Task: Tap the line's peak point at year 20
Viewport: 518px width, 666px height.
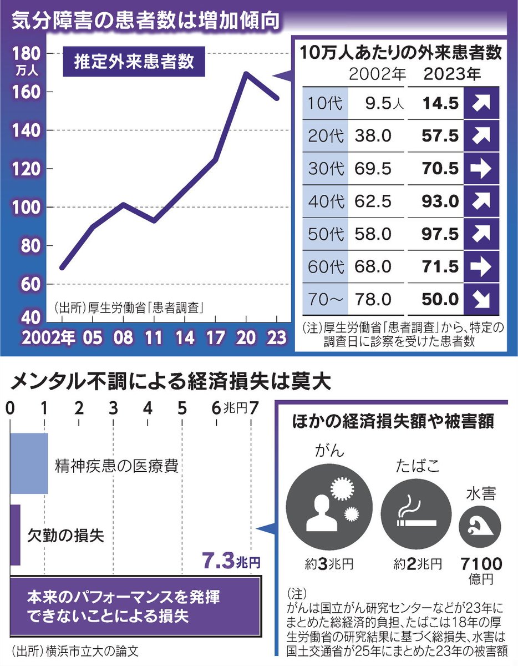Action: [x=246, y=73]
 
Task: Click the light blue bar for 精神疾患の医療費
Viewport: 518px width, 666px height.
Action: [x=30, y=463]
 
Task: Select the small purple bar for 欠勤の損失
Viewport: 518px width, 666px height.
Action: [x=15, y=534]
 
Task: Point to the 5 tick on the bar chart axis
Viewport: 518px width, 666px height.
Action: [x=181, y=408]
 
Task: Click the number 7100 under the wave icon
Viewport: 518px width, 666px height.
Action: [x=481, y=565]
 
